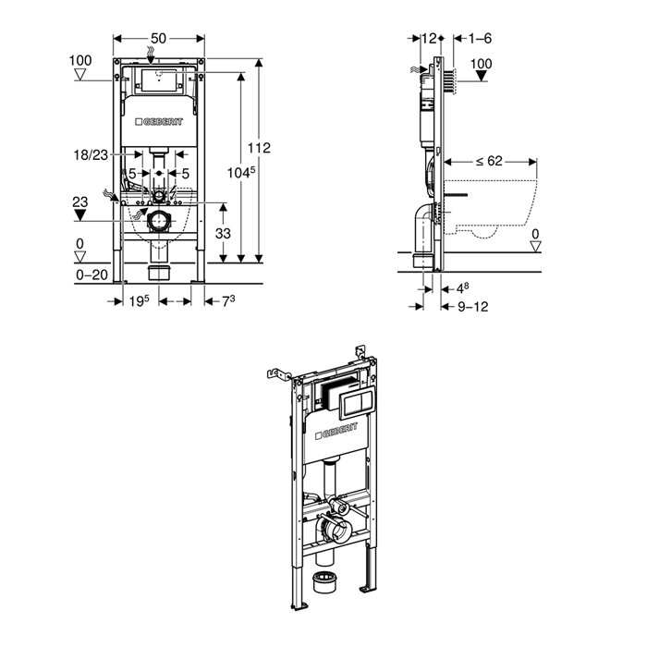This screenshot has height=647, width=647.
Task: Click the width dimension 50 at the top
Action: pyautogui.click(x=158, y=38)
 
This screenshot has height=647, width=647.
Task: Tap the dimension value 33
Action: pyautogui.click(x=223, y=234)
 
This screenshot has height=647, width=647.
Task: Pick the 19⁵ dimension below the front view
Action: pyautogui.click(x=138, y=300)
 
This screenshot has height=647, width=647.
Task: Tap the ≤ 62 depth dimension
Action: pyautogui.click(x=490, y=160)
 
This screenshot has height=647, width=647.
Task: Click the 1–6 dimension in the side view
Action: pyautogui.click(x=480, y=38)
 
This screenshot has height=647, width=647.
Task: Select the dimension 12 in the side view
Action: pyautogui.click(x=428, y=38)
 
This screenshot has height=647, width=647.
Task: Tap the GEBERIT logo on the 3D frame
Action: pyautogui.click(x=337, y=433)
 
